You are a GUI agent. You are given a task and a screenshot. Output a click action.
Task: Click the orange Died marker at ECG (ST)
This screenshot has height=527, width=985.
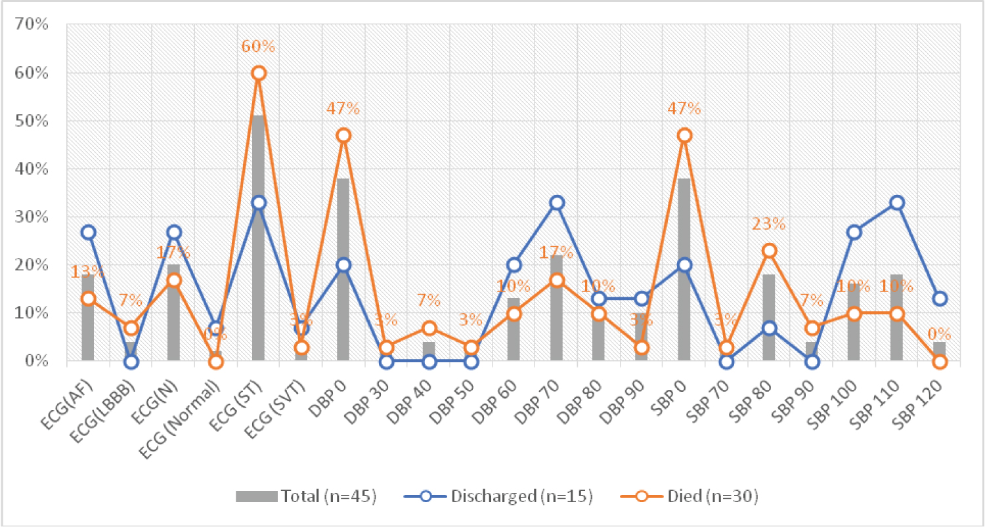(259, 73)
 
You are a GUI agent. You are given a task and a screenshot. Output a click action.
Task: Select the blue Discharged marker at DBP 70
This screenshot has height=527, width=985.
(556, 203)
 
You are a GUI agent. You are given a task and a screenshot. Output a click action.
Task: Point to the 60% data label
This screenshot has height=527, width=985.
(259, 47)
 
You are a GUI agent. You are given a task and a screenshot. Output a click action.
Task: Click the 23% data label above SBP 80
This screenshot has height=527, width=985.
(769, 224)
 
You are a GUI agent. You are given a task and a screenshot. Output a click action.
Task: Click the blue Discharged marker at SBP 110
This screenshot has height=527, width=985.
(897, 203)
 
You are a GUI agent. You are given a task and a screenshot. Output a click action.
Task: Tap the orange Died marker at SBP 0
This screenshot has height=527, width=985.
(684, 135)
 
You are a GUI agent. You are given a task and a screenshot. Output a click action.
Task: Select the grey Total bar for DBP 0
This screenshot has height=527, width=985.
(343, 269)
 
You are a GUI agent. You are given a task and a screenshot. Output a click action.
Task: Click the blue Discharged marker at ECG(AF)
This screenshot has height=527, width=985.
(89, 232)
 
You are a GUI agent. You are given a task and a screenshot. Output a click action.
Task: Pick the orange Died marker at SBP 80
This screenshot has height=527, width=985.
(769, 251)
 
